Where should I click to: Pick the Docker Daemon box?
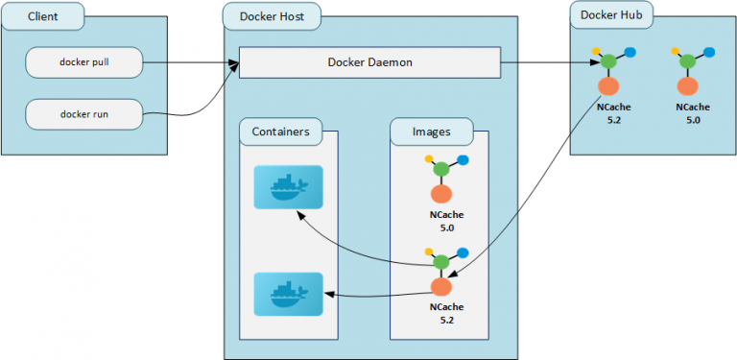[369, 63]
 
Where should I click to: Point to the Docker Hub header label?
[612, 14]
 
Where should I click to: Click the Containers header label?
[280, 132]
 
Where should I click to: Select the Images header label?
[432, 132]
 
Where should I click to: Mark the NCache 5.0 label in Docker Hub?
[693, 113]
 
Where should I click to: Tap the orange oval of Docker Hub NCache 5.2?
[609, 86]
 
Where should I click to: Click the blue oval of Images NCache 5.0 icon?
[463, 160]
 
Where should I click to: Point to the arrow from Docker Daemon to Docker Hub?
[547, 63]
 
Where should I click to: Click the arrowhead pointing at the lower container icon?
[328, 295]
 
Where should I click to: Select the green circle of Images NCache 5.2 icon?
[440, 261]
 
